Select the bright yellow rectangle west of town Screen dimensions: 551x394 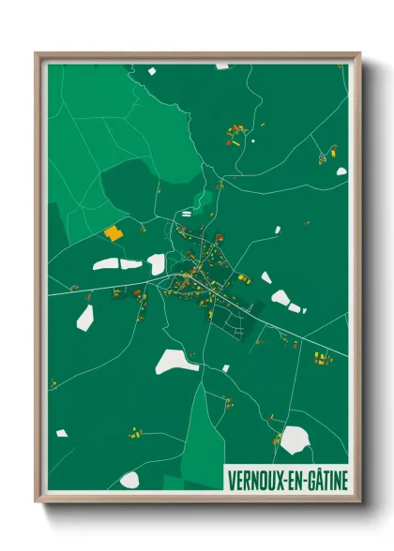click(113, 232)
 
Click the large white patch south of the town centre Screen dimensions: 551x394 click(176, 361)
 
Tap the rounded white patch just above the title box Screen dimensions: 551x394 click(295, 439)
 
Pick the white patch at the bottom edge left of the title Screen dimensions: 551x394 click(129, 480)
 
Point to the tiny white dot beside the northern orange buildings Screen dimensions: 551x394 click(253, 141)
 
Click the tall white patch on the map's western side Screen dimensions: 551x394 click(85, 317)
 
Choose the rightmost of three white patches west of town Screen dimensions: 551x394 click(157, 263)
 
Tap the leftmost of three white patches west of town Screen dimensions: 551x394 click(105, 263)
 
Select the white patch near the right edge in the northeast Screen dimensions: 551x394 click(341, 171)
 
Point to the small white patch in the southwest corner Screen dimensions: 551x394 click(62, 433)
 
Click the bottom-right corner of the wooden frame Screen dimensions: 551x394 click(361, 501)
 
